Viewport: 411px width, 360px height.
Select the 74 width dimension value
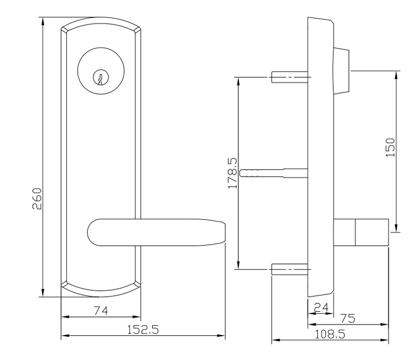point(100,310)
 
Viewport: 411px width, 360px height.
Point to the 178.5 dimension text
point(232,173)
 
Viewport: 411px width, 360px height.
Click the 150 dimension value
point(390,147)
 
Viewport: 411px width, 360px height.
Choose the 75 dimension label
point(348,318)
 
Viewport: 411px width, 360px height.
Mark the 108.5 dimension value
point(329,334)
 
